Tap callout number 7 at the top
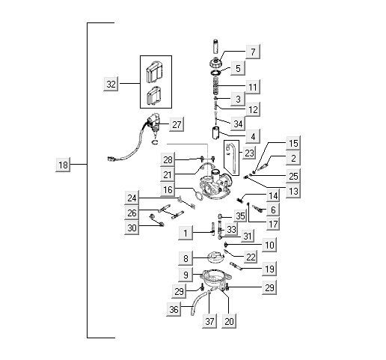click(x=254, y=52)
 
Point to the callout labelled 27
click(x=176, y=124)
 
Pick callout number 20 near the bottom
click(x=229, y=321)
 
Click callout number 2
click(x=293, y=159)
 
